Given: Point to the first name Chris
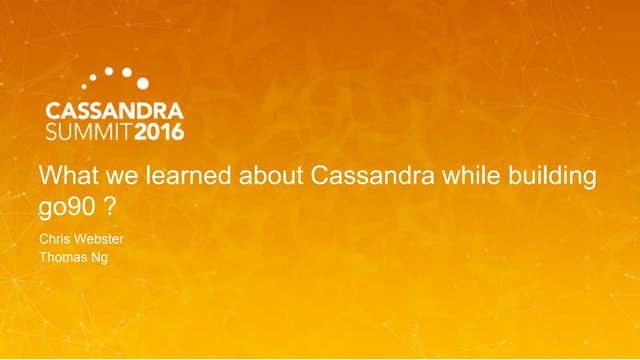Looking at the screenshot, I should [x=55, y=240].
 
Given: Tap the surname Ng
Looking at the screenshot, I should [x=103, y=258].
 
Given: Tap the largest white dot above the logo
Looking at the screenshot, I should [x=142, y=83].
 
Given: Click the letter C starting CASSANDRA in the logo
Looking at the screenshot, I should [x=55, y=109].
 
